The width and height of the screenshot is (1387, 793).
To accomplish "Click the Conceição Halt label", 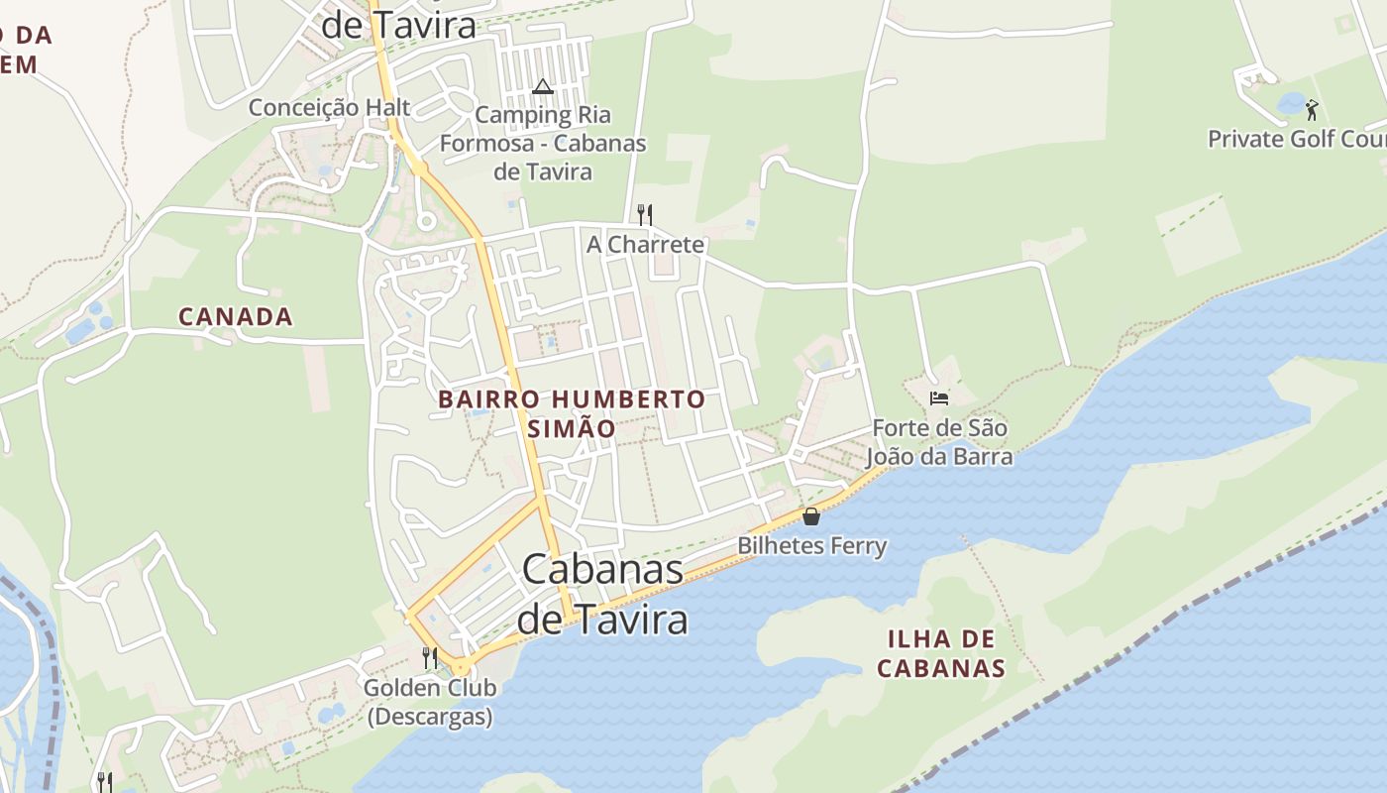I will pos(329,107).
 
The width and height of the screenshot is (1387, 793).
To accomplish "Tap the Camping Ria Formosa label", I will pos(542,143).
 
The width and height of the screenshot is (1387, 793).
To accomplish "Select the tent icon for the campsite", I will pos(542,87).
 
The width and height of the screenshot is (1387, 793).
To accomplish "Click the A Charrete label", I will pos(645,244).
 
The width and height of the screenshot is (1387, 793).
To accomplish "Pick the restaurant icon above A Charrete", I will pos(644,214).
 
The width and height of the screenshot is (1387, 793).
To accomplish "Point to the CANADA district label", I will pos(236,317).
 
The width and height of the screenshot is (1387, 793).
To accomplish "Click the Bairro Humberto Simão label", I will pos(572,413).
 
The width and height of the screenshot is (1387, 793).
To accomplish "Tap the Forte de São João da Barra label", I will pos(939,442).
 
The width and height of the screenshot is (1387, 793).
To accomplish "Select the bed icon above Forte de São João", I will pos(939,398).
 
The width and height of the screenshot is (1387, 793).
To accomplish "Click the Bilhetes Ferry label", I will pos(812,545).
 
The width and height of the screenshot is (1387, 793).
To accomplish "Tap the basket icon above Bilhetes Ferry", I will pos(811,516).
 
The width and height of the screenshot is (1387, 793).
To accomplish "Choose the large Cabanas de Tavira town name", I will pos(602,594).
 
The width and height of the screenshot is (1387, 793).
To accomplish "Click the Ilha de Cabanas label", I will pos(941,653).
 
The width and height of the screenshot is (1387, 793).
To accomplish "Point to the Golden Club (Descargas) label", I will pos(430,702).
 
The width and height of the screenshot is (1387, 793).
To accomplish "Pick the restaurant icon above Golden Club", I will pos(430,657).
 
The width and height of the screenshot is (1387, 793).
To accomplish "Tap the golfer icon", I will pos(1313,109).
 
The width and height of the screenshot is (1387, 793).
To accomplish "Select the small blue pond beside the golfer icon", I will pos(1291,102).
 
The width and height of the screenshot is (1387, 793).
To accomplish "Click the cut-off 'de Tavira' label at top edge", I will pos(399,26).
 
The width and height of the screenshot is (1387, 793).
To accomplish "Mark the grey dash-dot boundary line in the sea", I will pos(1139,644).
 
